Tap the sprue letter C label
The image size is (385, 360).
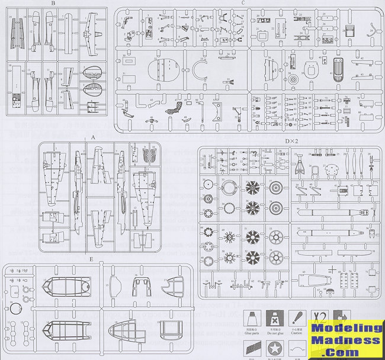243,4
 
